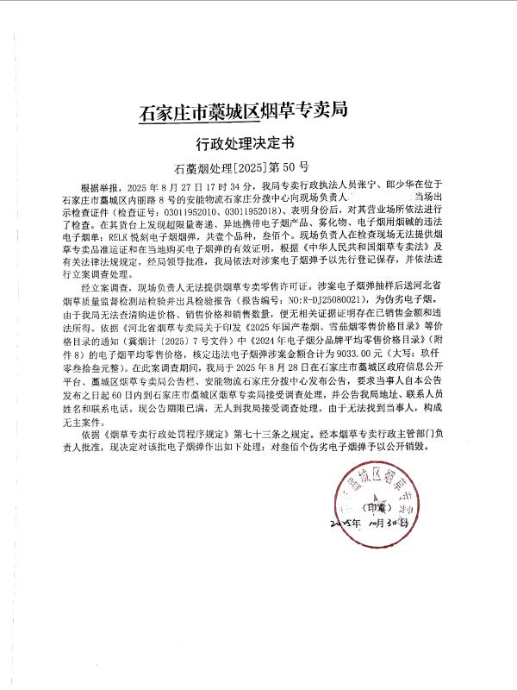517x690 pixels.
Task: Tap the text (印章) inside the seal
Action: [377, 507]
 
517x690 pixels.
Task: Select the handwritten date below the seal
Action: [371, 524]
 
